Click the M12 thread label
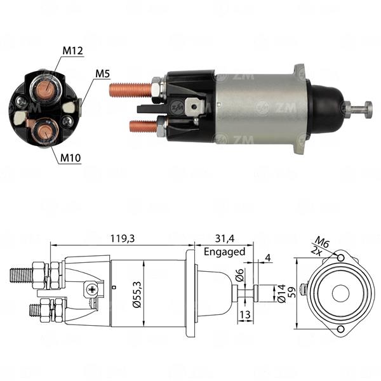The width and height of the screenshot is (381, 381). pos(72,51)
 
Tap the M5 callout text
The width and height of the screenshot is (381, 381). pos(102,74)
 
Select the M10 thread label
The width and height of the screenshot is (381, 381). pos(70,158)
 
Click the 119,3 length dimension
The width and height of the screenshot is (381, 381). pos(123,238)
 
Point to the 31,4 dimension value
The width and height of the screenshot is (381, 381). pos(225,238)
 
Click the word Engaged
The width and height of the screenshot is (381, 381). pos(225,251)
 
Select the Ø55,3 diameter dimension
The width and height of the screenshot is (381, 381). pos(137,295)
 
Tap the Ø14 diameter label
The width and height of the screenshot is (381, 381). pos(281,294)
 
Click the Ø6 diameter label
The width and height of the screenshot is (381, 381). pos(239,274)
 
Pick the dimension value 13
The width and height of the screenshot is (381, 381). pos(245,314)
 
